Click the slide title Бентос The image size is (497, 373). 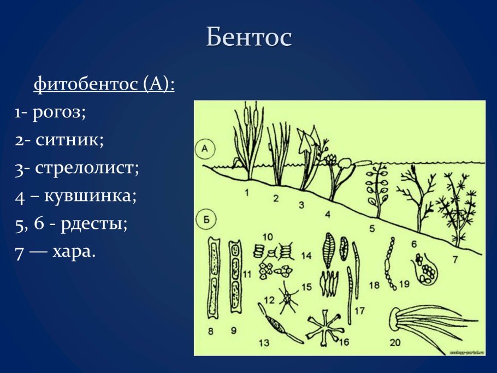click(x=249, y=37)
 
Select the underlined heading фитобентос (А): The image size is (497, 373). click(x=104, y=85)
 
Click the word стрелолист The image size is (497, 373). click(x=88, y=167)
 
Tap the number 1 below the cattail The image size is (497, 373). click(x=247, y=192)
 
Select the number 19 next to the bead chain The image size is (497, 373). click(x=404, y=283)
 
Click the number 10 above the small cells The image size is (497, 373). click(x=268, y=238)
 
